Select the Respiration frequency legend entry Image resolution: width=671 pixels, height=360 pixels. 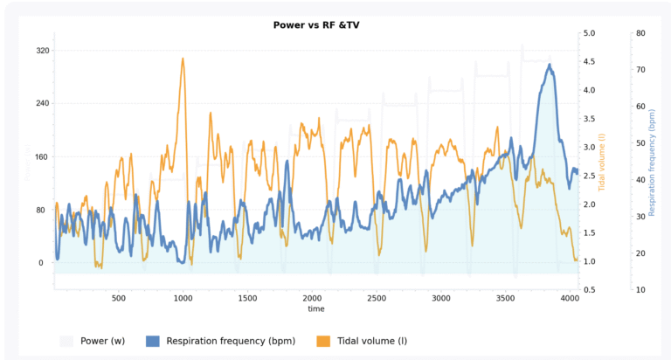point(231,341)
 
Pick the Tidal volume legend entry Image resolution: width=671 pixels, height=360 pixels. point(371,341)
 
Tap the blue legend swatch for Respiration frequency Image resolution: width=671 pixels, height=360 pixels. point(153,341)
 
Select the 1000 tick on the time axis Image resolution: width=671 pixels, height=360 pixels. point(183,298)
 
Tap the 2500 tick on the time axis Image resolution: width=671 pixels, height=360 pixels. point(377,298)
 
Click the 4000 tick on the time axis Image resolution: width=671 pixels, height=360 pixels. point(570,298)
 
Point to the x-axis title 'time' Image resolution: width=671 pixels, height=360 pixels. point(316,309)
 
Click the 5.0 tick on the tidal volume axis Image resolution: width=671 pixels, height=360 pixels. point(590,33)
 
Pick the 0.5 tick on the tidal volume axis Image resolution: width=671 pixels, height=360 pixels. point(590,290)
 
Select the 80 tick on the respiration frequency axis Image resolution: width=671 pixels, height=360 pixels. point(640,33)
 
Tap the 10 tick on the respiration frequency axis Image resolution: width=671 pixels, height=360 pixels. point(640,290)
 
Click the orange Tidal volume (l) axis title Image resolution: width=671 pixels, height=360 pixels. point(602,162)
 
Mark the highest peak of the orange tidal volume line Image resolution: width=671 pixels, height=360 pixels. point(183,59)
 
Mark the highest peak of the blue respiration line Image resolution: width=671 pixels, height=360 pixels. point(550,64)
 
